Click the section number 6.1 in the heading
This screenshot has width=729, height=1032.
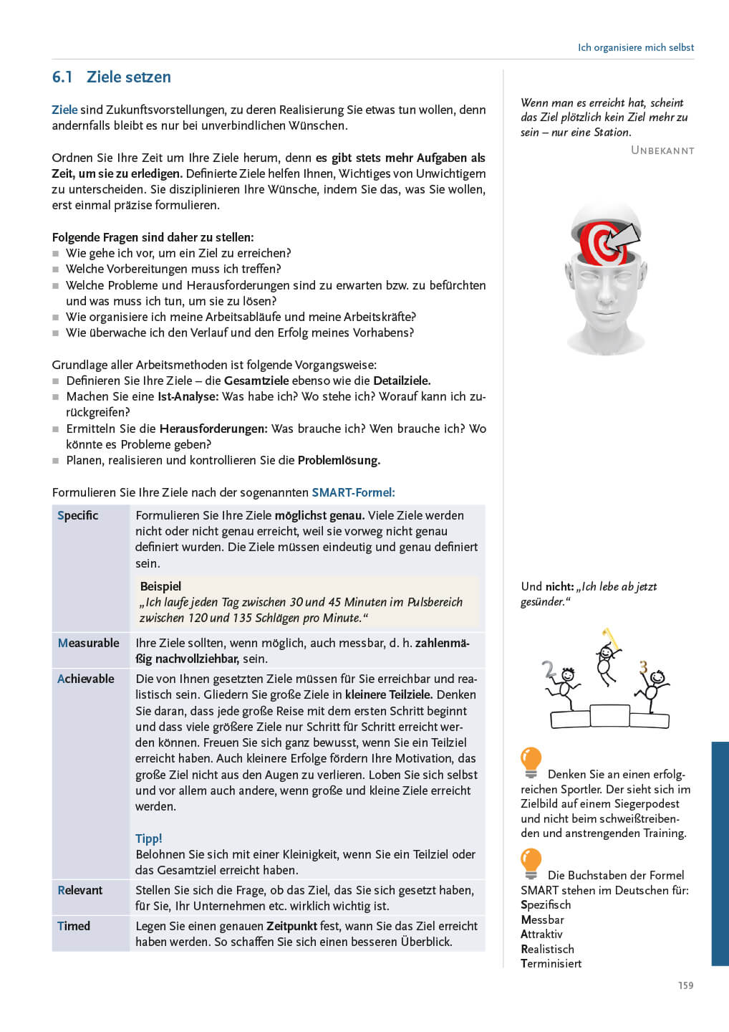(62, 77)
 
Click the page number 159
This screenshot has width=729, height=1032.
(685, 985)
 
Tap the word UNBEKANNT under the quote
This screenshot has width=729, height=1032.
(662, 150)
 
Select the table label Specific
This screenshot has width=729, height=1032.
(77, 515)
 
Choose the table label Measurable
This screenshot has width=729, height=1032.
(88, 643)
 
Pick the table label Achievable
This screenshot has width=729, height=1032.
(85, 679)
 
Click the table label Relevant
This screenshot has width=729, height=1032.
(79, 890)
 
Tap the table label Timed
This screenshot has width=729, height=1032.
(74, 926)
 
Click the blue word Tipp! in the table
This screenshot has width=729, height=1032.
(148, 838)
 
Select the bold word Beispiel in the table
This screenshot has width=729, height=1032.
(160, 586)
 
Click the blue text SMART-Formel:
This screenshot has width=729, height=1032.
(353, 492)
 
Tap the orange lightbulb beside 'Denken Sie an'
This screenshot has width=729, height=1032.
(531, 762)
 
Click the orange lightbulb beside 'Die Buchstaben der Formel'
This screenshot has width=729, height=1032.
(531, 863)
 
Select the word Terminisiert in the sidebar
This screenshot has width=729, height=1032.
(551, 964)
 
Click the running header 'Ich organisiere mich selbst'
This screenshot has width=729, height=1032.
(635, 47)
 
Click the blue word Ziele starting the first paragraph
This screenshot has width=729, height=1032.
(64, 110)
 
